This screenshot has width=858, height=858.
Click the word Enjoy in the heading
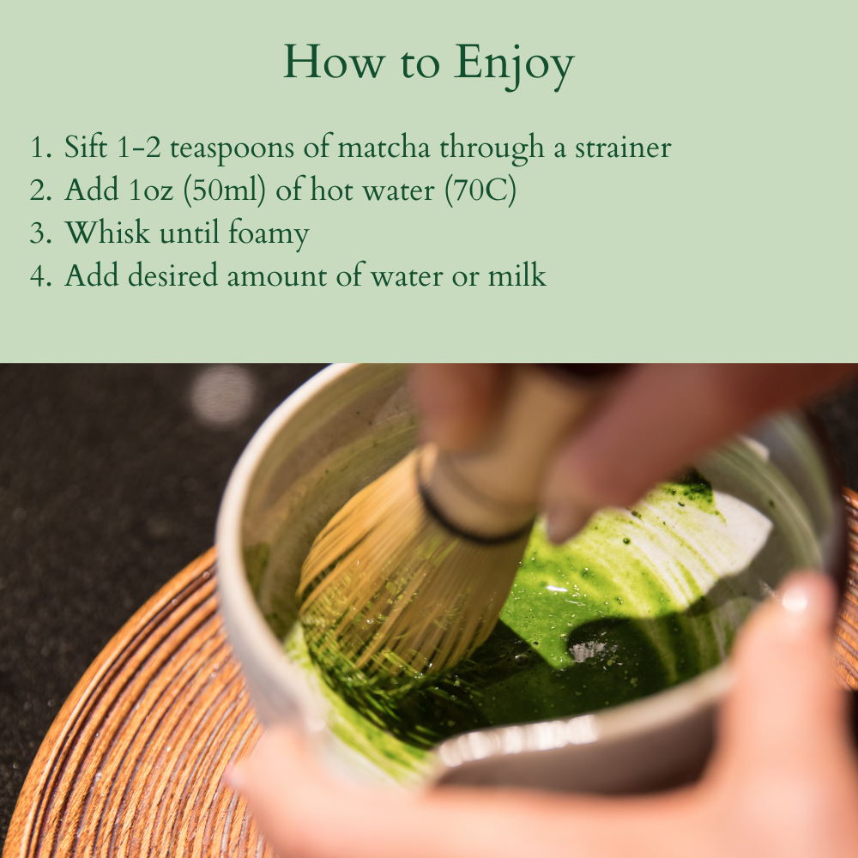514,63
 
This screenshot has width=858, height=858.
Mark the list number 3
40,233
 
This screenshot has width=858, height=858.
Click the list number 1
39,148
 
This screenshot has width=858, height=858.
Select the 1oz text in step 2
150,190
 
